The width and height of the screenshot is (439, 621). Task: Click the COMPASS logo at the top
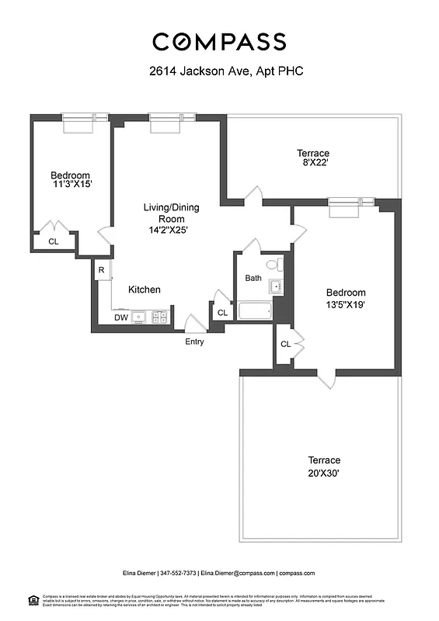coord(219,41)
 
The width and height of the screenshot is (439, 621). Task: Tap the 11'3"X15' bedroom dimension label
coord(71,186)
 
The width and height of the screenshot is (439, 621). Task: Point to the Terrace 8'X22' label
coord(313,158)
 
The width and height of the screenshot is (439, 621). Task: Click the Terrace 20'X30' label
coord(323,466)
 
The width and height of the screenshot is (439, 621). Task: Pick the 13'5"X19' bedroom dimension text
coord(346,304)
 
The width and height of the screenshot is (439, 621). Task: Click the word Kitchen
coord(145,290)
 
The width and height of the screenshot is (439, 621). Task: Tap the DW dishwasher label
coord(120,317)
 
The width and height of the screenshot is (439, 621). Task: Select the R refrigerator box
coord(101,270)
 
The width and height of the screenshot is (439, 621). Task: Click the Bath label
coord(253,278)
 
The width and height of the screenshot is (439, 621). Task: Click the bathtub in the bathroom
coord(254,311)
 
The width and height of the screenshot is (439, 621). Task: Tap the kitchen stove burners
coord(159,317)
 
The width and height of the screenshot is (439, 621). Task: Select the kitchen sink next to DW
coord(139,317)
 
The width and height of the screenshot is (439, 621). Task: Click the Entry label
coord(194,341)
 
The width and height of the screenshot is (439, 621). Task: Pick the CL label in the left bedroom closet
coord(53,241)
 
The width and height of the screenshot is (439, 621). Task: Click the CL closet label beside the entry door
coord(221,313)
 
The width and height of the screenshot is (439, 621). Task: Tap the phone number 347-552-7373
coord(179,573)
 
